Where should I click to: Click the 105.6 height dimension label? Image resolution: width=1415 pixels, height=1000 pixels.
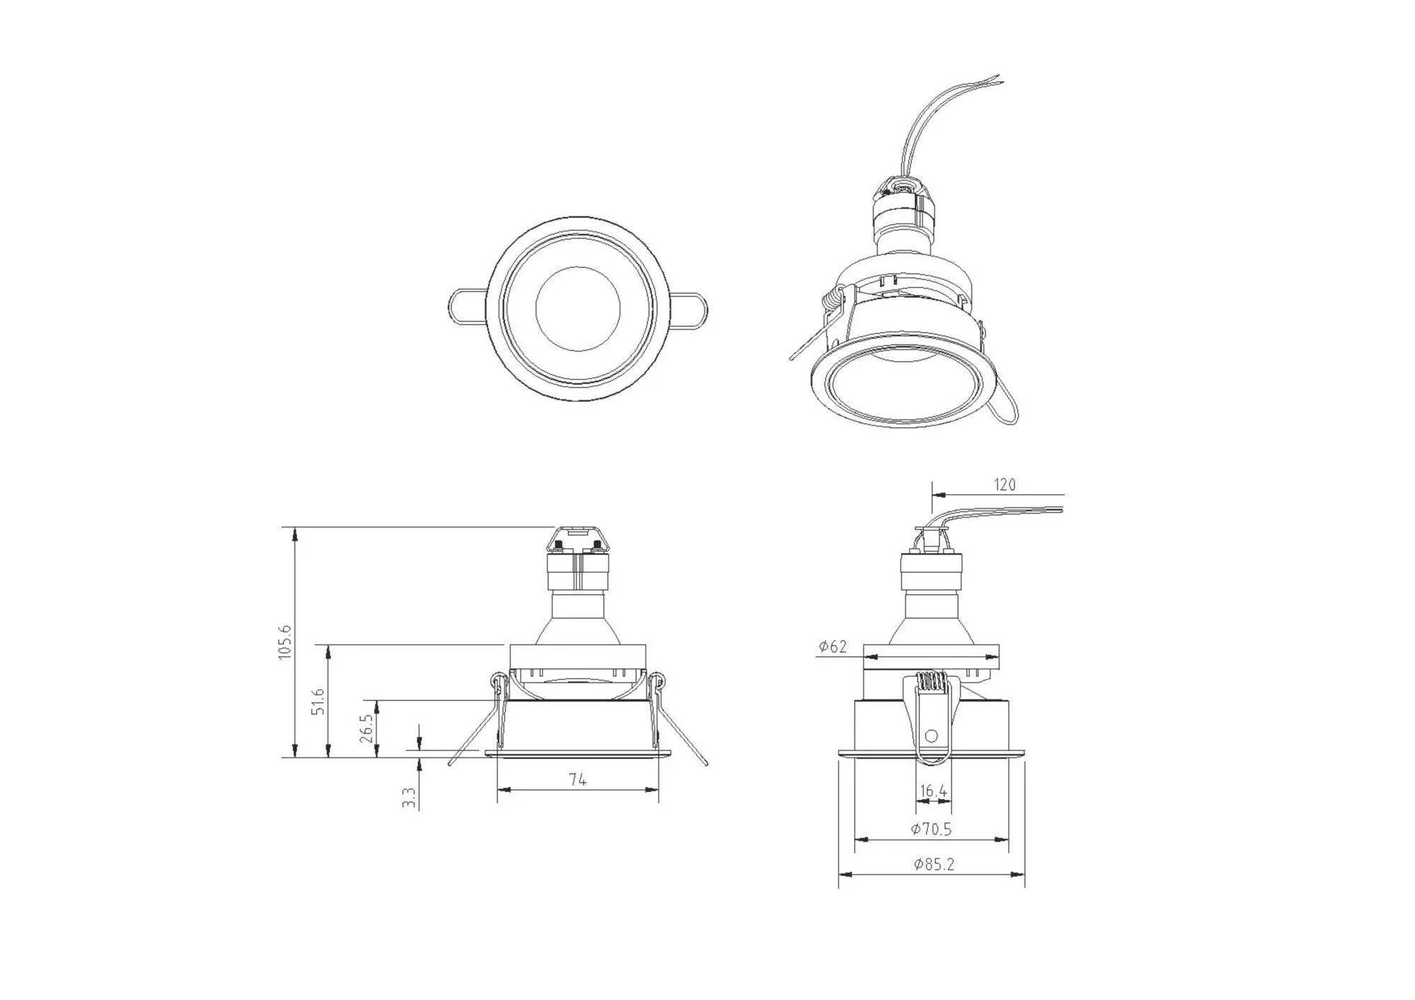coord(284,642)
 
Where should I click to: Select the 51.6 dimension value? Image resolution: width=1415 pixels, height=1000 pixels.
coord(319,701)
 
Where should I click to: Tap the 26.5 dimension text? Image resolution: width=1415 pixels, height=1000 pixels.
coord(366,728)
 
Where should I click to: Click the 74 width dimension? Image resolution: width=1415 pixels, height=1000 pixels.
coord(577,779)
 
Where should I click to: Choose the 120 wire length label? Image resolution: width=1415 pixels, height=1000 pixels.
coord(1005,484)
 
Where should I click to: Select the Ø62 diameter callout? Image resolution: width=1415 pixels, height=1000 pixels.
coord(833,646)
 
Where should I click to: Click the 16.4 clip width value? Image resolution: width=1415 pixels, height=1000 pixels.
coord(932,791)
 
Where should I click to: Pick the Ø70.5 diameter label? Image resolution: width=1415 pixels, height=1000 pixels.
coord(931,829)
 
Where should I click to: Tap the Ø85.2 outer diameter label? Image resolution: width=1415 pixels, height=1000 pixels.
coord(933,864)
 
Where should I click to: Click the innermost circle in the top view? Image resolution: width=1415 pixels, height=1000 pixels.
coord(578,308)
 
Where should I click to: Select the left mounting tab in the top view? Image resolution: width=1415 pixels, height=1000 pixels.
coord(466,308)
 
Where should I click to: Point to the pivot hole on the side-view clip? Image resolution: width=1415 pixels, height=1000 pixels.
coord(931,736)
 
